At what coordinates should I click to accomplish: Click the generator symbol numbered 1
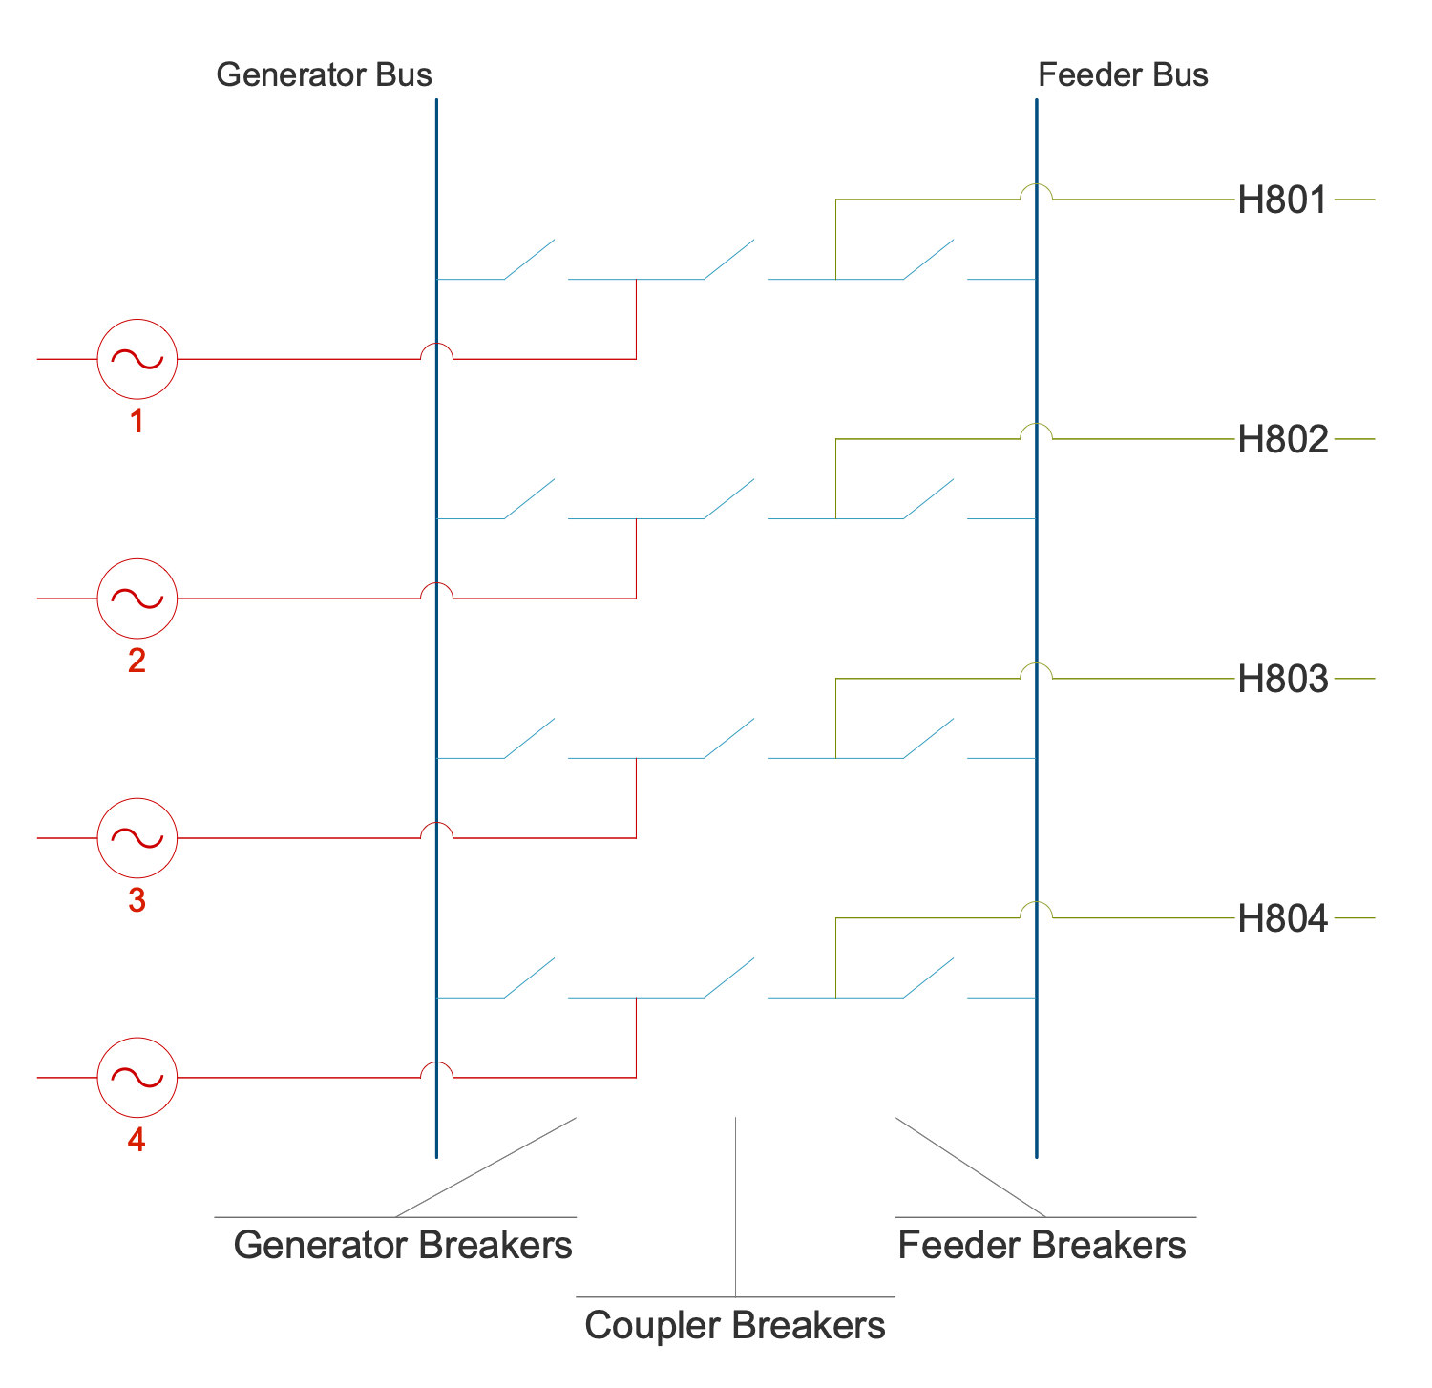pyautogui.click(x=137, y=359)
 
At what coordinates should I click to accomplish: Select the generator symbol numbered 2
pyautogui.click(x=137, y=599)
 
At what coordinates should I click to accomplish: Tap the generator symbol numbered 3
pyautogui.click(x=137, y=837)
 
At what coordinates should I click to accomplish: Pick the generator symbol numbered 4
pyautogui.click(x=137, y=1077)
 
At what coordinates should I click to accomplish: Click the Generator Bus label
pyautogui.click(x=324, y=74)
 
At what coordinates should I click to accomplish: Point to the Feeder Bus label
pyautogui.click(x=1123, y=74)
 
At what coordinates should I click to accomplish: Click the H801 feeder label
pyautogui.click(x=1282, y=200)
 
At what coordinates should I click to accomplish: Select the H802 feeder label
pyautogui.click(x=1282, y=440)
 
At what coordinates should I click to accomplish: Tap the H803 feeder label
pyautogui.click(x=1282, y=680)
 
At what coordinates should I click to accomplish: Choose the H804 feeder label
pyautogui.click(x=1282, y=919)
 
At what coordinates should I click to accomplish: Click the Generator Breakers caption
pyautogui.click(x=403, y=1245)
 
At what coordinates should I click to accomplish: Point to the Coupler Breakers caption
pyautogui.click(x=735, y=1325)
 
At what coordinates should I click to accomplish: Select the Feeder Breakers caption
pyautogui.click(x=1042, y=1245)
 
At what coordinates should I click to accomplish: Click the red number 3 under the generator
pyautogui.click(x=137, y=899)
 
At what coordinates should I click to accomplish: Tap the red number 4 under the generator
pyautogui.click(x=137, y=1140)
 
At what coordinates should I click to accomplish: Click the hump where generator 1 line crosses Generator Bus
pyautogui.click(x=436, y=349)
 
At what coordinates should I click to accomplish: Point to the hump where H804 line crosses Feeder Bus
pyautogui.click(x=1037, y=908)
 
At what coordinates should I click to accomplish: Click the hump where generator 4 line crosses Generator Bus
pyautogui.click(x=436, y=1067)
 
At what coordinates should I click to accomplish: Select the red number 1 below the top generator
pyautogui.click(x=137, y=421)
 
